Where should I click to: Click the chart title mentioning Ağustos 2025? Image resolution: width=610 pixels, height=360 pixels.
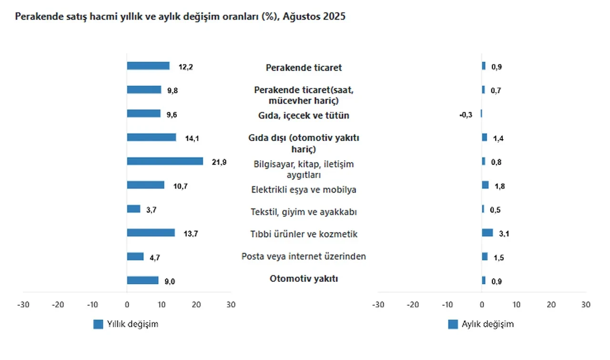coord(181,17)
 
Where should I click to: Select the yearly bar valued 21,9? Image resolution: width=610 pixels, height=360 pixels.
coord(165,161)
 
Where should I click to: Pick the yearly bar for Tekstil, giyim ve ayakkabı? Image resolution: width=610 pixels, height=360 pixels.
coord(133,209)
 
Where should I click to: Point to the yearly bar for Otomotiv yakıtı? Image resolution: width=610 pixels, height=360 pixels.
coord(142,280)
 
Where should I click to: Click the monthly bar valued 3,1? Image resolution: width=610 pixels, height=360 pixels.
coord(487,233)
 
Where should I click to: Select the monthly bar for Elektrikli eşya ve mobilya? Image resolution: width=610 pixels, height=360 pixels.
coord(485,185)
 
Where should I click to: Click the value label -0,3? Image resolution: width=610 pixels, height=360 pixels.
coord(466,115)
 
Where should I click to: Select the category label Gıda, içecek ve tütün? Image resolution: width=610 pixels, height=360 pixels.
coord(304,116)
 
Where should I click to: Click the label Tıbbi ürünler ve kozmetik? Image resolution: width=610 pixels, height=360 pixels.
coord(304,234)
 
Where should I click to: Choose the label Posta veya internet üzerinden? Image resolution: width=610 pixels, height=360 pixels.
coord(304,257)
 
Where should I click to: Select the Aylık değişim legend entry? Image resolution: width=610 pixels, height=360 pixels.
coord(481,324)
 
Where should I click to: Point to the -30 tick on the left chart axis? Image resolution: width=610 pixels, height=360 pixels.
coord(23,304)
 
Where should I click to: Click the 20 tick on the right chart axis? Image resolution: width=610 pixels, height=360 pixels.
coord(551,304)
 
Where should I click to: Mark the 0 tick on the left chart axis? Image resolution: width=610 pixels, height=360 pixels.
coord(127,304)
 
